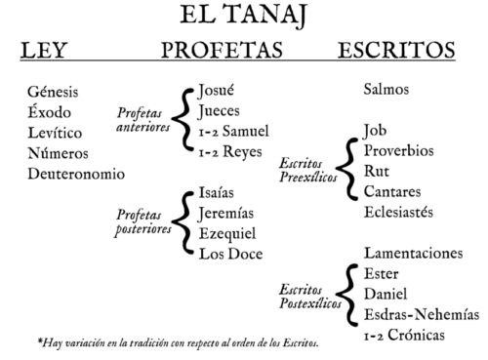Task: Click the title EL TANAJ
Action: [x=244, y=16]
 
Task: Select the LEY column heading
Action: [x=44, y=51]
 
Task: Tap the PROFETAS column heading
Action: [x=222, y=50]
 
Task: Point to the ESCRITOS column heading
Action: [x=396, y=50]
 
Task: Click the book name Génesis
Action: [x=53, y=92]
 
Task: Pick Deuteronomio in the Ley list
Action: [x=76, y=174]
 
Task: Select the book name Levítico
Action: [x=55, y=133]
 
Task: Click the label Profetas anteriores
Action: [x=143, y=120]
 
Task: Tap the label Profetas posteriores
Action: [x=143, y=222]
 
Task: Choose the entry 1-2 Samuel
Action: [x=234, y=132]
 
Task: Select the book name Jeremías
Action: [x=226, y=214]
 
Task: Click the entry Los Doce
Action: [x=230, y=254]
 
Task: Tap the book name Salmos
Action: [x=386, y=90]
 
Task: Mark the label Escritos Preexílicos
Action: [x=308, y=170]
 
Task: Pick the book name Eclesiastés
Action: [x=398, y=212]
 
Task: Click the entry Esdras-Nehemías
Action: [x=422, y=314]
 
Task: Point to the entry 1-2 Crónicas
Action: [x=404, y=335]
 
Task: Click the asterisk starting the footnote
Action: [x=40, y=341]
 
